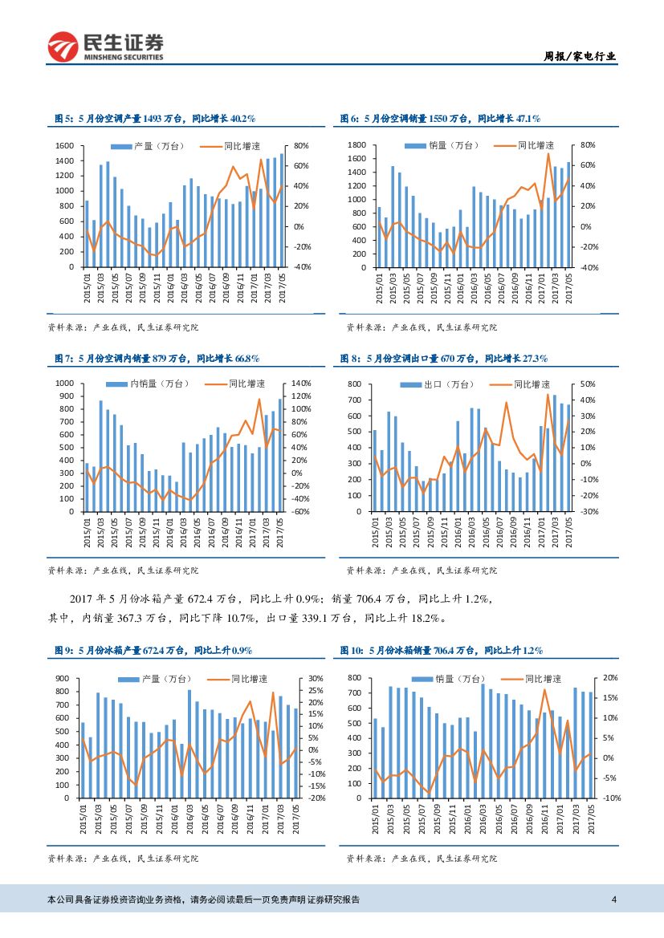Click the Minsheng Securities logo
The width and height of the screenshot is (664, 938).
(105, 47)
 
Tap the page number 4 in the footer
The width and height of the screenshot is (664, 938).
(613, 899)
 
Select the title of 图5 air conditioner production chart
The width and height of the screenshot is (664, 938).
(154, 118)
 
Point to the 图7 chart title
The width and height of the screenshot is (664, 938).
(156, 358)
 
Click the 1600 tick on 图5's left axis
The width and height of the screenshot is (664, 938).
(65, 146)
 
